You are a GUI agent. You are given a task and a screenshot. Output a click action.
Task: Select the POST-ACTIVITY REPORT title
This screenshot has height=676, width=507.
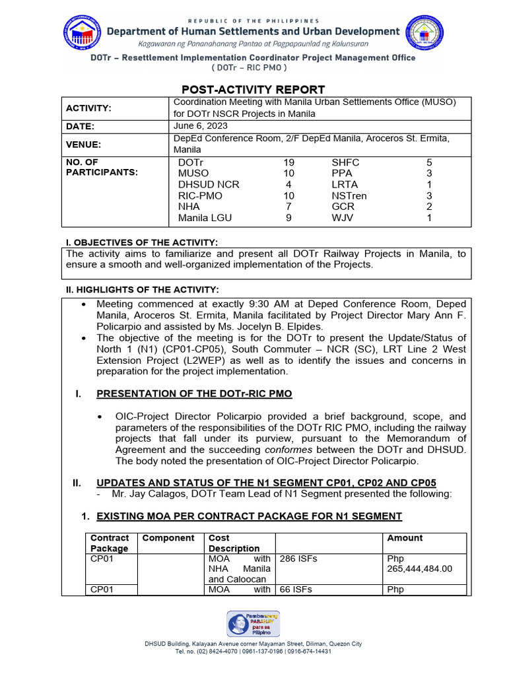pyautogui.click(x=253, y=90)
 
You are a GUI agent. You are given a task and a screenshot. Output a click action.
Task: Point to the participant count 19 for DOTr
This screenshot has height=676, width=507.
pyautogui.click(x=288, y=162)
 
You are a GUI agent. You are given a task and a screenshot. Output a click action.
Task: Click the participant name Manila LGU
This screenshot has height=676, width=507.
pyautogui.click(x=205, y=217)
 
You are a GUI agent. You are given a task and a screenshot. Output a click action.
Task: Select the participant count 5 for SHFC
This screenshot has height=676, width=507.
pyautogui.click(x=429, y=162)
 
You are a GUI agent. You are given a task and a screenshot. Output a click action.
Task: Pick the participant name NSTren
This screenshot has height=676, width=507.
pyautogui.click(x=349, y=195)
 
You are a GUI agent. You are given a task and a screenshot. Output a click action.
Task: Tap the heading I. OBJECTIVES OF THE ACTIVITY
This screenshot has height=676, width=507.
pyautogui.click(x=141, y=243)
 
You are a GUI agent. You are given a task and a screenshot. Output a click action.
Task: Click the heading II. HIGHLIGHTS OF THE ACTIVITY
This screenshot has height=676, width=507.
pyautogui.click(x=141, y=290)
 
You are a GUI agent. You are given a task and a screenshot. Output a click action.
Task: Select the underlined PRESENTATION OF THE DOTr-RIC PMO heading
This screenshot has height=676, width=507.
pyautogui.click(x=194, y=394)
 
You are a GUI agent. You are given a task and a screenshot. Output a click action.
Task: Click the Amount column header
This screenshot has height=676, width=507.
pyautogui.click(x=405, y=538)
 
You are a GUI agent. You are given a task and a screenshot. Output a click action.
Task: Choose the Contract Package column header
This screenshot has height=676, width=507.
pyautogui.click(x=110, y=543)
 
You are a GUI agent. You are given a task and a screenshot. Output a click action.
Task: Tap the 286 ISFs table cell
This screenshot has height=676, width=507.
pyautogui.click(x=298, y=558)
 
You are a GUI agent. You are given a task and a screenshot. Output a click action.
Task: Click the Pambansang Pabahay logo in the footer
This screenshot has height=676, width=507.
pyautogui.click(x=253, y=624)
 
